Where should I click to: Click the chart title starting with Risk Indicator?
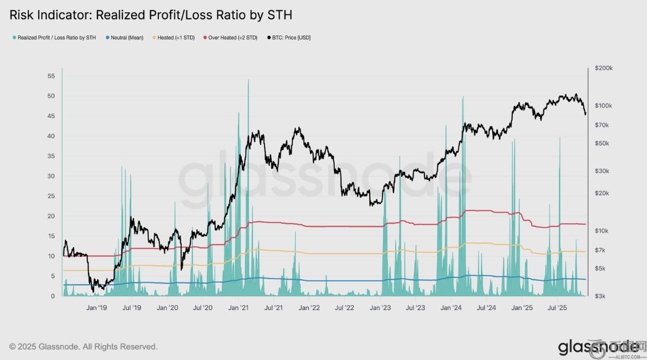pyautogui.click(x=151, y=14)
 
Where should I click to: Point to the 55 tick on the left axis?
pyautogui.click(x=51, y=76)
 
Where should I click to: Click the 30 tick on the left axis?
pyautogui.click(x=51, y=176)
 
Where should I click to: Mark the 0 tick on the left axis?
pyautogui.click(x=53, y=296)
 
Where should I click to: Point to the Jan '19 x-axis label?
pyautogui.click(x=96, y=308)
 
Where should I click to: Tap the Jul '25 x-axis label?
pyautogui.click(x=557, y=308)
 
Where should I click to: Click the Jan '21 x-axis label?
pyautogui.click(x=238, y=308)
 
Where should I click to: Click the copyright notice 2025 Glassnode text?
pyautogui.click(x=83, y=347)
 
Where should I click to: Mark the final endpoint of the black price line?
pyautogui.click(x=585, y=115)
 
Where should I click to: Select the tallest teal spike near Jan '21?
pyautogui.click(x=248, y=80)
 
